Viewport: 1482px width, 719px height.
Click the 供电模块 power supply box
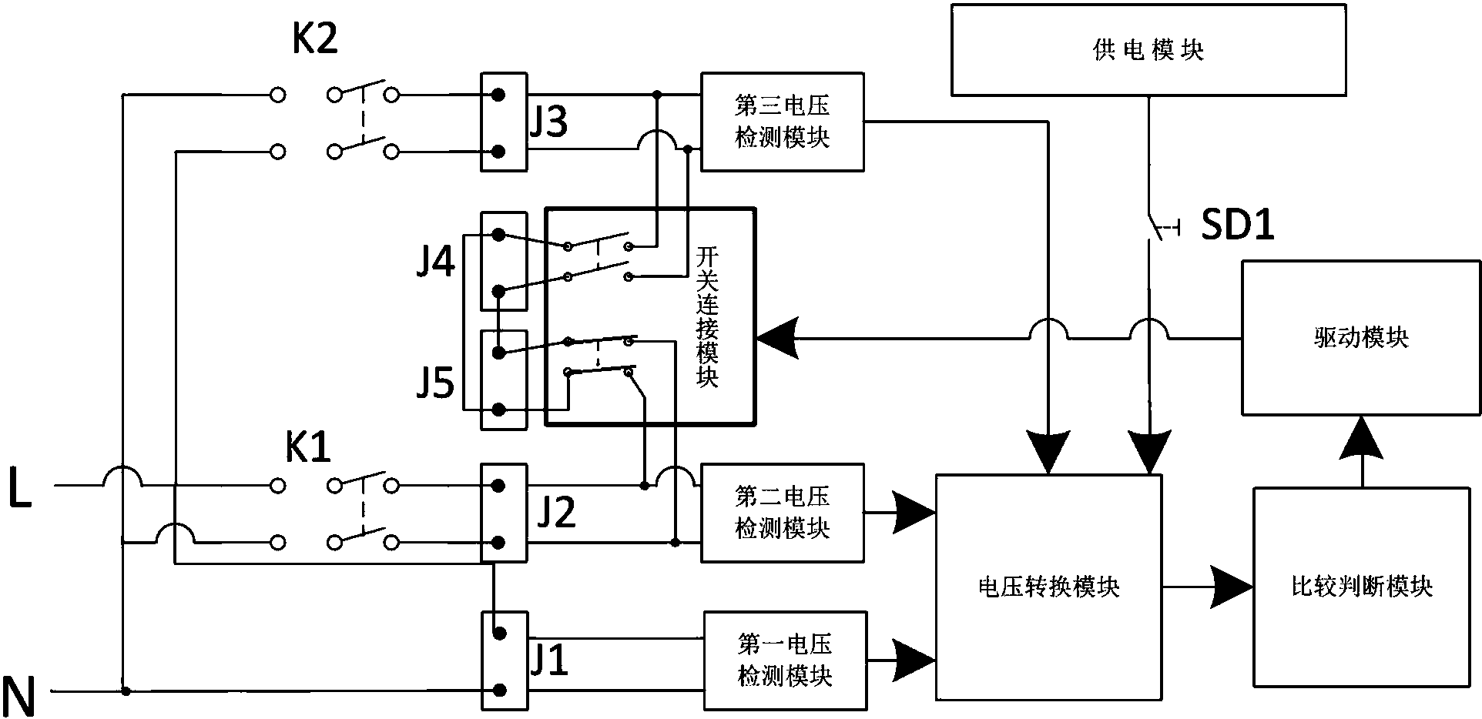tap(1148, 50)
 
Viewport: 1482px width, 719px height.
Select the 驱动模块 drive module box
tap(1360, 337)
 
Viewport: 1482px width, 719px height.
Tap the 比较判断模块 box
tap(1361, 586)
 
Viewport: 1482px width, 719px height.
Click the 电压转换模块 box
tap(1048, 587)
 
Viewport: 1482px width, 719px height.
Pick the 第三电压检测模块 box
tap(782, 122)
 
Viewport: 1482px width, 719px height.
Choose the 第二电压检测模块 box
tap(782, 512)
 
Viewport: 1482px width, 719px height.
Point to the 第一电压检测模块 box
tap(784, 660)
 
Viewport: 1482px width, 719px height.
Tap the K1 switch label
tap(308, 447)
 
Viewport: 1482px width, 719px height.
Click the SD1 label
tap(1238, 226)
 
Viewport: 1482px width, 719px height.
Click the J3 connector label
tap(548, 122)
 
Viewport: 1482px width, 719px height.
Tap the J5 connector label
tap(435, 383)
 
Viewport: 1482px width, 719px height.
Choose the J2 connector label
tap(555, 512)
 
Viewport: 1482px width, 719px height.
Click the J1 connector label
tap(548, 660)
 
